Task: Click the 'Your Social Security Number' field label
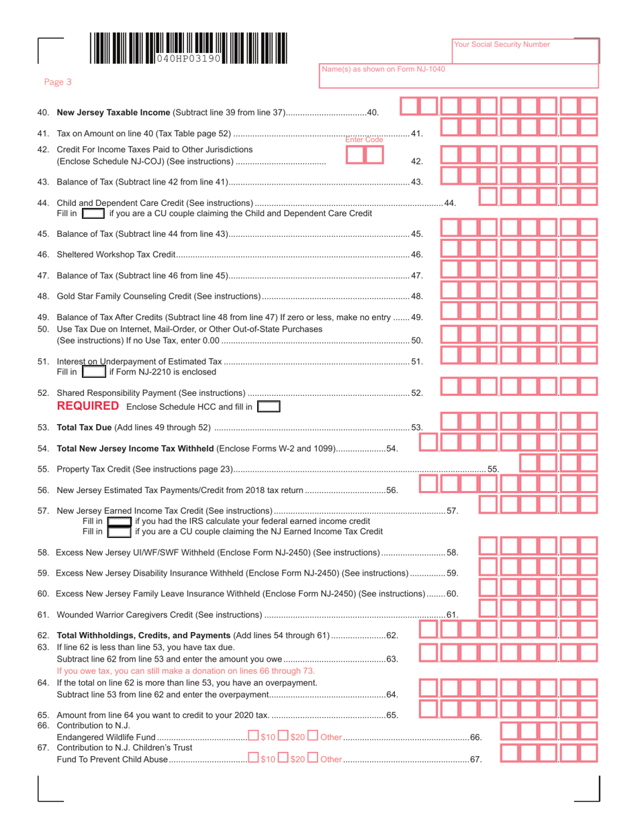click(x=502, y=44)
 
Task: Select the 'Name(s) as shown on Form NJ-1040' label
click(x=383, y=69)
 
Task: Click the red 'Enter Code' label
click(x=364, y=140)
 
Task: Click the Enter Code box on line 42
click(x=364, y=154)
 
